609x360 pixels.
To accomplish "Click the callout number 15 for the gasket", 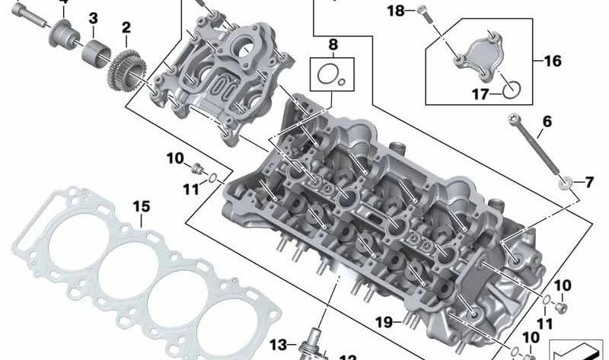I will (x=142, y=207).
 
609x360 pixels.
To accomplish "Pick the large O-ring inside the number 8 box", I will (x=327, y=75).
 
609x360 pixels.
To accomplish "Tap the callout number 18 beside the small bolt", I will (x=395, y=11).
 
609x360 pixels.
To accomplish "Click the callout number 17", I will (x=479, y=94).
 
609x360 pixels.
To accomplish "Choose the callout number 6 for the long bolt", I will (x=546, y=122).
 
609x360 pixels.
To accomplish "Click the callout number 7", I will (x=588, y=183).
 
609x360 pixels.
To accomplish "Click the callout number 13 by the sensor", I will (x=279, y=345).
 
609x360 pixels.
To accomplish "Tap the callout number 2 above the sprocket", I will (x=126, y=28).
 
